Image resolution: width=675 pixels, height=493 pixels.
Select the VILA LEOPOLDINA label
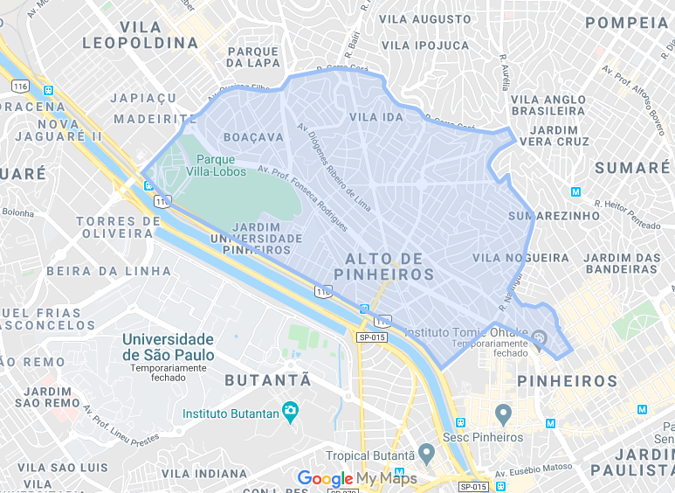pos(141,33)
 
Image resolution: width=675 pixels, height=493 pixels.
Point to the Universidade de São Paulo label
pos(168,346)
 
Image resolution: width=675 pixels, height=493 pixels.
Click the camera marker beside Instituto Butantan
pos(291,413)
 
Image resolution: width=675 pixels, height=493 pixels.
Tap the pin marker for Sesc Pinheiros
pos(503,413)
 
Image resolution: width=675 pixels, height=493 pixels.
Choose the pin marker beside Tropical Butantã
pos(426,454)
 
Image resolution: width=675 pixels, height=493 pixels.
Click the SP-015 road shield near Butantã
pos(371,337)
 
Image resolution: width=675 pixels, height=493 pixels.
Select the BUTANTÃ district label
pos(268,380)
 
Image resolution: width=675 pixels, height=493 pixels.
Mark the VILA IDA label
pos(375,117)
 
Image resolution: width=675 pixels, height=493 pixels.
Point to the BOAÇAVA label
pos(254,137)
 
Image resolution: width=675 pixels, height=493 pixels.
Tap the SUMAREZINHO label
pos(544,215)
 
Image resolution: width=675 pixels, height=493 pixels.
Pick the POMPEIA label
pos(627,23)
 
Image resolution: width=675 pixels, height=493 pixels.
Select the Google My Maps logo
pos(357,479)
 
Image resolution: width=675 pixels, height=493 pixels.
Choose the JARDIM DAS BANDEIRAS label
pos(623,263)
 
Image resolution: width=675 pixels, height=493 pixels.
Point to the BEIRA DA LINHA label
pos(96,271)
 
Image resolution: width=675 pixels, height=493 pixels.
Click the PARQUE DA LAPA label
pos(254,57)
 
